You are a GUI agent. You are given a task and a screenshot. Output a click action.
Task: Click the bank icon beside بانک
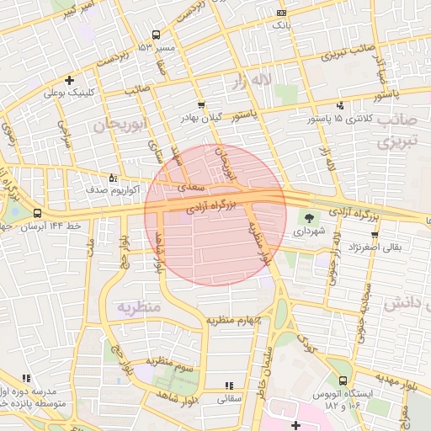280,13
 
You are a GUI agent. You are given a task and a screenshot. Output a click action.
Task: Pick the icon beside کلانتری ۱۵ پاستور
340,105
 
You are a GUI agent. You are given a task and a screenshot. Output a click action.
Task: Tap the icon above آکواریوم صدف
114,177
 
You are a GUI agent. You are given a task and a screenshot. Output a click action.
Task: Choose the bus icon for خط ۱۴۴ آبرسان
37,214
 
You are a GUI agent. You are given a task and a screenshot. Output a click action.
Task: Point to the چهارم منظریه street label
235,321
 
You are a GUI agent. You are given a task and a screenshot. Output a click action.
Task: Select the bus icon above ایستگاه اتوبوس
342,380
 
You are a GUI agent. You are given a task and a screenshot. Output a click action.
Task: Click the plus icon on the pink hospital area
295,426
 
